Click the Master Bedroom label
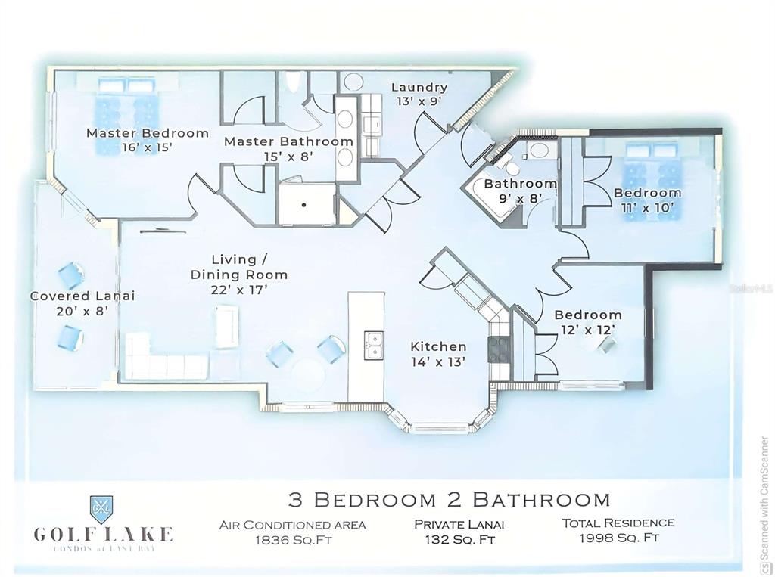147,133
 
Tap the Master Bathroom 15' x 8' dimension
288,157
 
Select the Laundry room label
419,87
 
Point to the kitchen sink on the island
372,346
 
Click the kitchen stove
498,349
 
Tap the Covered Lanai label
82,296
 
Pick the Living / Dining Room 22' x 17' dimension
238,289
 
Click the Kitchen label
438,346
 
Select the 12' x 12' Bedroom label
587,315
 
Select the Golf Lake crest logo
102,505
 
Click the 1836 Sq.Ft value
292,539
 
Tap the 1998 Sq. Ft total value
618,538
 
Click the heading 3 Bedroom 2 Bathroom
449,499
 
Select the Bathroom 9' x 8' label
520,184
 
